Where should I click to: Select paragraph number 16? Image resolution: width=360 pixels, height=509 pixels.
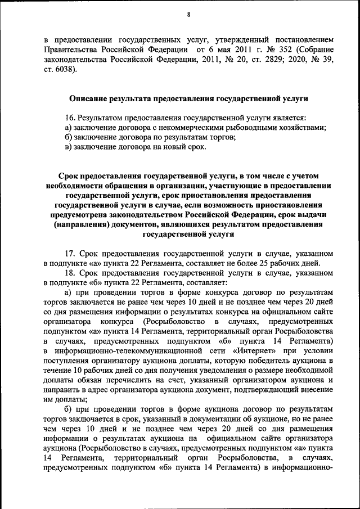[70, 118]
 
